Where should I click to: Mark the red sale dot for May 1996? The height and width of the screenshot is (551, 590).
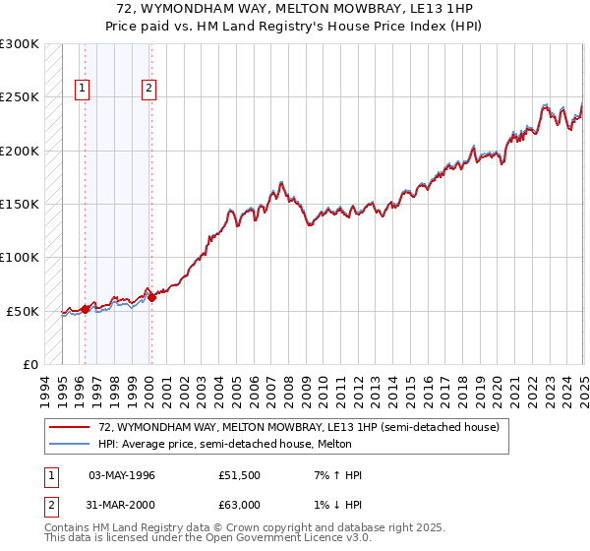click(x=85, y=309)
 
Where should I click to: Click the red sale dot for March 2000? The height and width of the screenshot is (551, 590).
click(x=151, y=297)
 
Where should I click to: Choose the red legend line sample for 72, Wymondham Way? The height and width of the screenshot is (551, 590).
click(x=68, y=427)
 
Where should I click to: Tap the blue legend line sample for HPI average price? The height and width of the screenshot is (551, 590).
click(x=68, y=445)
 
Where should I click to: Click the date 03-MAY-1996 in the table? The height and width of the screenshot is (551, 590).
click(x=122, y=476)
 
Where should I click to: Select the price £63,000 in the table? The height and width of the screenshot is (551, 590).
click(x=239, y=504)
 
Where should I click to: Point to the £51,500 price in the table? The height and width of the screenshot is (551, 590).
click(x=239, y=476)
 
